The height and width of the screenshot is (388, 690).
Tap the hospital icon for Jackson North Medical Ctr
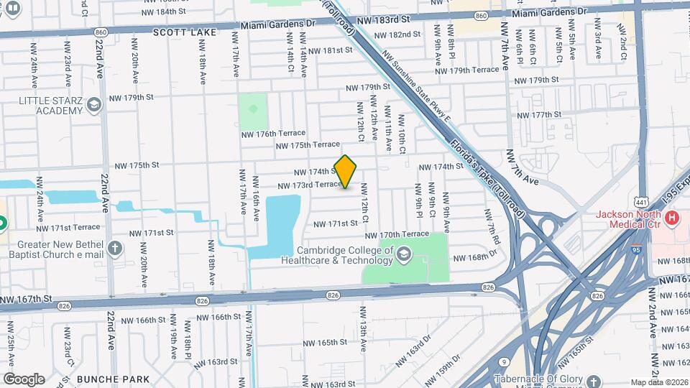[x=672, y=217]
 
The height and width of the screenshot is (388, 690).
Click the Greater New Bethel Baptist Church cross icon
[x=115, y=249]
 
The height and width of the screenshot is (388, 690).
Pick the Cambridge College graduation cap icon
[x=404, y=254]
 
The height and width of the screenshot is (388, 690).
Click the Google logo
[x=24, y=379]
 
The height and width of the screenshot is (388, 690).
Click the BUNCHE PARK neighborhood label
[x=113, y=379]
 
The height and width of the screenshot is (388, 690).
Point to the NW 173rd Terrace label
[x=308, y=185]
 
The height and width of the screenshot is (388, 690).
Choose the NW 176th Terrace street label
[x=273, y=134]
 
